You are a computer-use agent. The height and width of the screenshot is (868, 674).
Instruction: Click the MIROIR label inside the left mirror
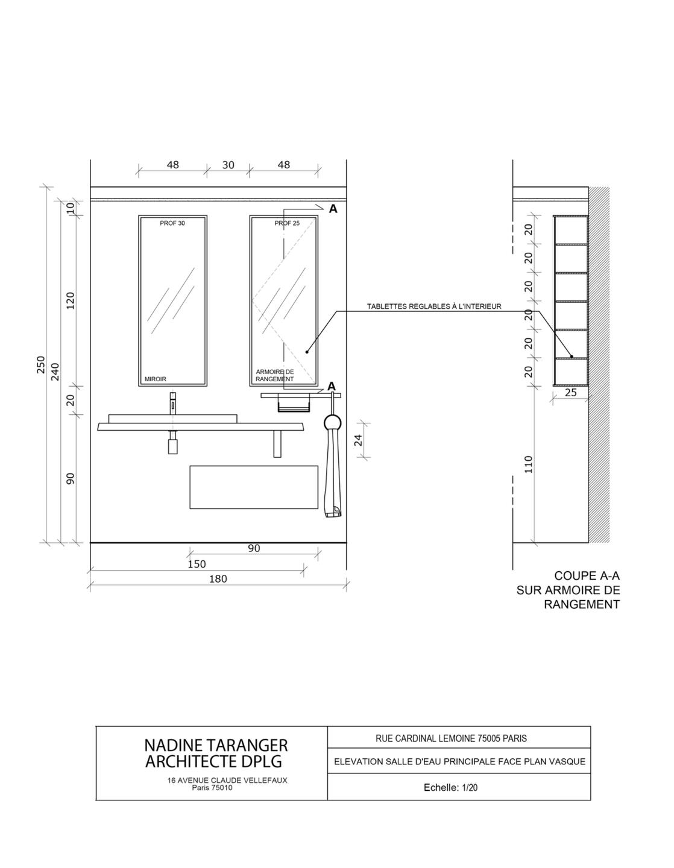pyautogui.click(x=156, y=379)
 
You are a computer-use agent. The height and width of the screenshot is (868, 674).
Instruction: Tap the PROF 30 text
pyautogui.click(x=172, y=223)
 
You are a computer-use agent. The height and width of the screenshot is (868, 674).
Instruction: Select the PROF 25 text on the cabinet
pyautogui.click(x=287, y=223)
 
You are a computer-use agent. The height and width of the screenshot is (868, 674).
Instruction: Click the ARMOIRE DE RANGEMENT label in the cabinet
pyautogui.click(x=275, y=376)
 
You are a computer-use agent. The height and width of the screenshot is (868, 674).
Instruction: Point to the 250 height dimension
pyautogui.click(x=41, y=364)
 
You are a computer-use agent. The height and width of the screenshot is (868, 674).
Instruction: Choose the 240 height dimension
pyautogui.click(x=55, y=371)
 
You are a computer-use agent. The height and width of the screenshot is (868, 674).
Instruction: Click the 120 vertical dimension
pyautogui.click(x=71, y=300)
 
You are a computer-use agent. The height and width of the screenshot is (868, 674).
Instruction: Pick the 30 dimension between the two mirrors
pyautogui.click(x=228, y=165)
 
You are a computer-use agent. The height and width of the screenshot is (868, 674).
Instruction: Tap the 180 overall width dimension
pyautogui.click(x=218, y=579)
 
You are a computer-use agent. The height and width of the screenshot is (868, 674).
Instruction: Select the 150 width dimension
pyautogui.click(x=197, y=565)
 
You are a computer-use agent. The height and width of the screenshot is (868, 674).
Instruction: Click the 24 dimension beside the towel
pyautogui.click(x=359, y=440)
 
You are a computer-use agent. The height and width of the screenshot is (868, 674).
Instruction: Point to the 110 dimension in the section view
pyautogui.click(x=529, y=464)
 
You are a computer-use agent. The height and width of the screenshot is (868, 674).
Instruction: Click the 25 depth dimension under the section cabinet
pyautogui.click(x=571, y=393)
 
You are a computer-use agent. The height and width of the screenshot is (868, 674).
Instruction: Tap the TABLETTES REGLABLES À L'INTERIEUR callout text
pyautogui.click(x=434, y=306)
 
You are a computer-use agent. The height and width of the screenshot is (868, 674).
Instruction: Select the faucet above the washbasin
pyautogui.click(x=173, y=402)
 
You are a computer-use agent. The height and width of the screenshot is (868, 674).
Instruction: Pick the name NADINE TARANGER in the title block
pyautogui.click(x=216, y=746)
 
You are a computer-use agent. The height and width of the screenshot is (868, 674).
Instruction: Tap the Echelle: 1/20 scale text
pyautogui.click(x=450, y=787)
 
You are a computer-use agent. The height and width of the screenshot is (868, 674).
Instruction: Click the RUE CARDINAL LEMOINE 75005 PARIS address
pyautogui.click(x=451, y=738)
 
